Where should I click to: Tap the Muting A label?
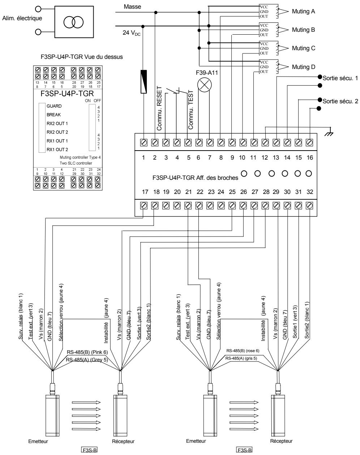point(303,12)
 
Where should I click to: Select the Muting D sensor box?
point(268,66)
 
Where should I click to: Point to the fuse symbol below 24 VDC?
point(144,82)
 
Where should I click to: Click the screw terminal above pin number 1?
point(144,142)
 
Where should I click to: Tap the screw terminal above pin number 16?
point(309,142)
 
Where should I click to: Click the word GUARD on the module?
point(54,107)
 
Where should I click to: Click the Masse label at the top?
point(132,6)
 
